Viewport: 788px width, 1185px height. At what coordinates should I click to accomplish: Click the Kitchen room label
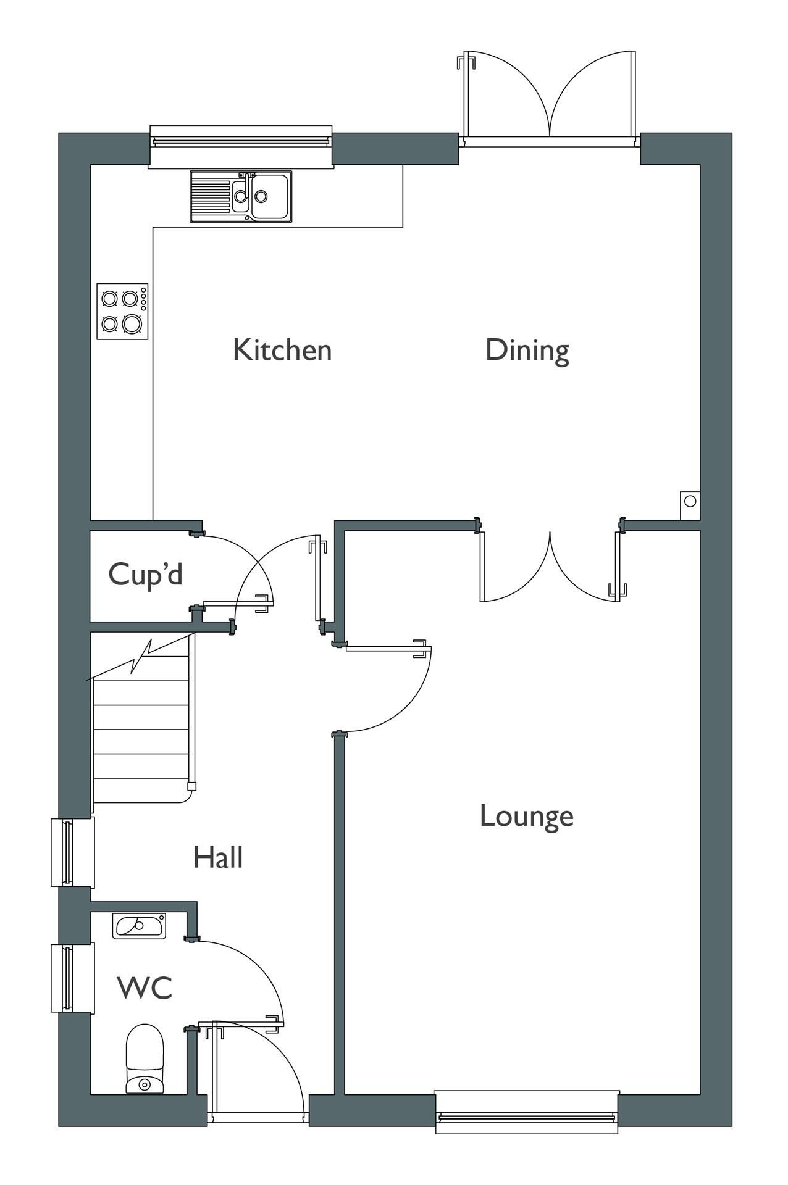point(282,350)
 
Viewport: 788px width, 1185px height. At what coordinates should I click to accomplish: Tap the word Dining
point(527,350)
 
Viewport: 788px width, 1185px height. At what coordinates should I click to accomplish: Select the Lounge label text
point(526,816)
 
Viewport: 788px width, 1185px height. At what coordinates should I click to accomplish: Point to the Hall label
point(217,857)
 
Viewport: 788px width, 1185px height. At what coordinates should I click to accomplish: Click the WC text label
point(145,987)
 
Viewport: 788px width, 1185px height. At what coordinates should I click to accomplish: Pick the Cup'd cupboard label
point(145,574)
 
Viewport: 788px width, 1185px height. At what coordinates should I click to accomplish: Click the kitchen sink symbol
point(241,196)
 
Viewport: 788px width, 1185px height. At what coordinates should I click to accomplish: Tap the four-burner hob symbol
point(122,311)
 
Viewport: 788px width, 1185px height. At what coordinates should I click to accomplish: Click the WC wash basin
point(139,926)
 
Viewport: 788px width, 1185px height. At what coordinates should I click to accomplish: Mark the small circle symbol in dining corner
point(690,501)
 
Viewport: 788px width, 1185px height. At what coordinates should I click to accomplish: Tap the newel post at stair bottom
point(191,786)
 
